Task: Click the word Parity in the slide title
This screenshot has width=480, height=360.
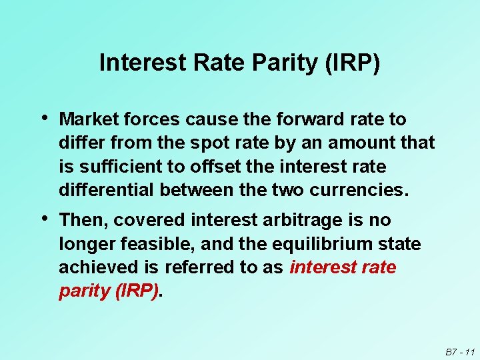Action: [x=290, y=63]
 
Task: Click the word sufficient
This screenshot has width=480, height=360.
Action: [x=113, y=166]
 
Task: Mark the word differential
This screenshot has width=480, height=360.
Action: [x=107, y=190]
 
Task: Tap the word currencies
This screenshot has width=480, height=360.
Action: [x=361, y=190]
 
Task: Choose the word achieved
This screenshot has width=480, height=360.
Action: [x=99, y=268]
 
